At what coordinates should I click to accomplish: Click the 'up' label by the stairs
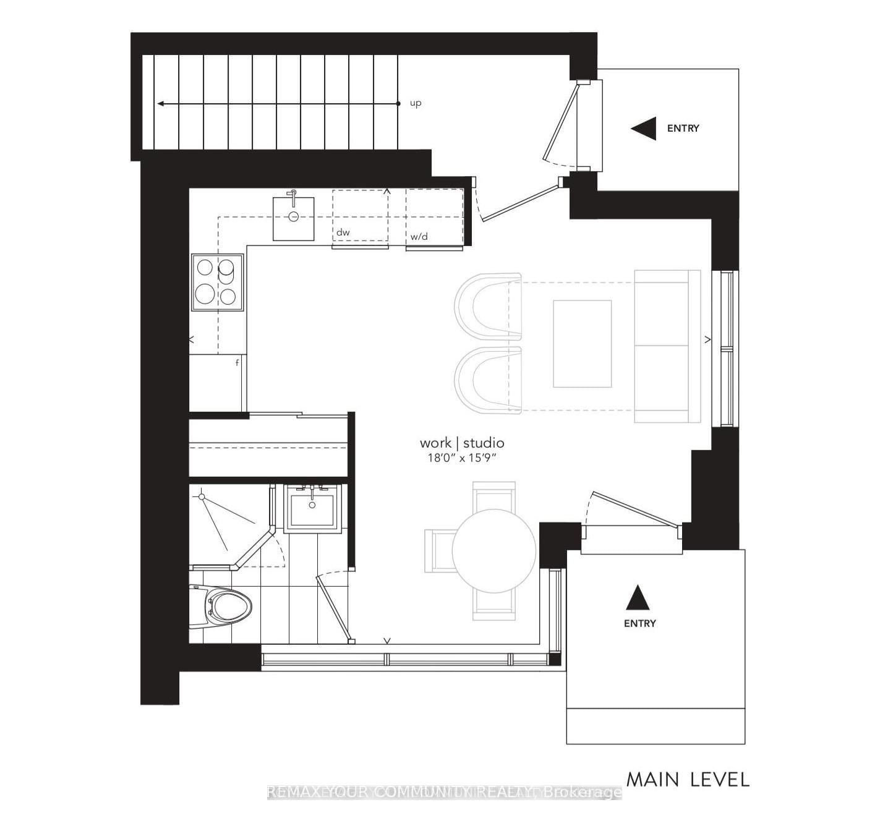(x=416, y=103)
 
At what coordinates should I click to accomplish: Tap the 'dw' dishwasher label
(x=343, y=233)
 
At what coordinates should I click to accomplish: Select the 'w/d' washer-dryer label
(x=419, y=237)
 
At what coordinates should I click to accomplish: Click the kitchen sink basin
(x=294, y=218)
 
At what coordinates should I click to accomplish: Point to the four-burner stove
(x=217, y=282)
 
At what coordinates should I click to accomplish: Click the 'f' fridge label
(x=237, y=363)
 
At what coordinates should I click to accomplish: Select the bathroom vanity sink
(x=312, y=508)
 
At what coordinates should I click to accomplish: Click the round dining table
(x=494, y=550)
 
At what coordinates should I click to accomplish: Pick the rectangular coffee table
(x=582, y=344)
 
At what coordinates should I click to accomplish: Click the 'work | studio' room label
(x=462, y=443)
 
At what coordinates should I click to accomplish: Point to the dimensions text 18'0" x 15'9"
(x=462, y=458)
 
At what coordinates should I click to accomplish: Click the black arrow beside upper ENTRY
(x=644, y=129)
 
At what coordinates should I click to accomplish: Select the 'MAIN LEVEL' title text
(x=688, y=779)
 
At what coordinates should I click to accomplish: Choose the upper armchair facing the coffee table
(x=489, y=307)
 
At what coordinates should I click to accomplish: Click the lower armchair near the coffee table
(x=489, y=381)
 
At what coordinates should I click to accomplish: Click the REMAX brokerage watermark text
(x=444, y=792)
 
